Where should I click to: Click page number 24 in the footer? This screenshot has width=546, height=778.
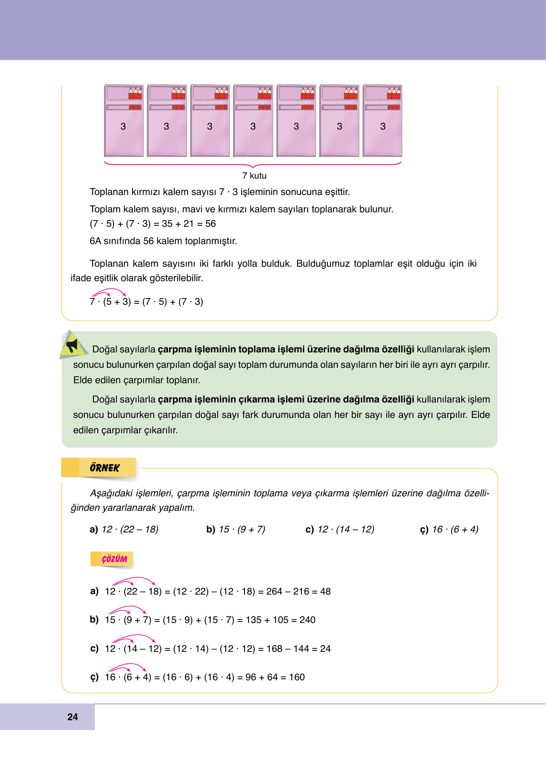[73, 717]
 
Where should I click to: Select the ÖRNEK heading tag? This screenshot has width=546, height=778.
[104, 467]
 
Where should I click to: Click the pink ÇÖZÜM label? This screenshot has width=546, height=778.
[114, 559]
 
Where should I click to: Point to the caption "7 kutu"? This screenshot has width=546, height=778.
[254, 176]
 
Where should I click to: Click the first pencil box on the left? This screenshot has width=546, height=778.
[124, 121]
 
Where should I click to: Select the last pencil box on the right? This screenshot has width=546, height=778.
[382, 121]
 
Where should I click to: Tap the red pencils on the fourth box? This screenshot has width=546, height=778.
[264, 93]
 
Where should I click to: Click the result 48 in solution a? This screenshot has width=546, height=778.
[325, 591]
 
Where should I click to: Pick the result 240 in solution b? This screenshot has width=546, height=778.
[307, 620]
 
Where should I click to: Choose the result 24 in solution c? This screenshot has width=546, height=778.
[325, 648]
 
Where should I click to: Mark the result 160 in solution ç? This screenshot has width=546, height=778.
[297, 677]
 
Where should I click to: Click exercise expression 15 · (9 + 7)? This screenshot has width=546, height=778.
[242, 529]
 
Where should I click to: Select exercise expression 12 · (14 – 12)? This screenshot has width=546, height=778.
[346, 529]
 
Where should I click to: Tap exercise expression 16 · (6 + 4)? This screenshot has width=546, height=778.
[455, 529]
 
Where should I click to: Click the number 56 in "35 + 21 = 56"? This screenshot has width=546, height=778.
[210, 223]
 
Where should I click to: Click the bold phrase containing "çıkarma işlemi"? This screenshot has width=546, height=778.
[286, 399]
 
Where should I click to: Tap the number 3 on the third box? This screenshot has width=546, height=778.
[209, 126]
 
